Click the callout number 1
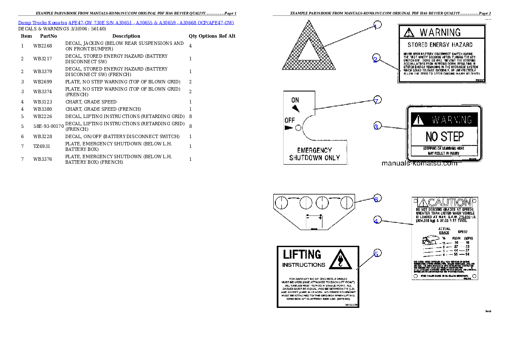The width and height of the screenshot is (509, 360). point(375,27)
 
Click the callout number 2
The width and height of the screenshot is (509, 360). point(375,60)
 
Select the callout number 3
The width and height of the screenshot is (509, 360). point(376,127)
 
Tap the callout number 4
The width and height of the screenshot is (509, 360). point(376,221)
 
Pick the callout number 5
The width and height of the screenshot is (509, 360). point(376,254)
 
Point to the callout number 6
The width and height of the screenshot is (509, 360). point(376,199)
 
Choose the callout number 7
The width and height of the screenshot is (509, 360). point(376,101)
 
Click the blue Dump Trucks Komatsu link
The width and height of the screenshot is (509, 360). point(126,22)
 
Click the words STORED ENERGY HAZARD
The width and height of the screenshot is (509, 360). point(440,44)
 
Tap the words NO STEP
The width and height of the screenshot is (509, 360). point(444,137)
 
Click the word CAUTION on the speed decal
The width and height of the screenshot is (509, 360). point(447,202)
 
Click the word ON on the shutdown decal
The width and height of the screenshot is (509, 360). point(295,100)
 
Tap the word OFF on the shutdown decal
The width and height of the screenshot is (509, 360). point(290,120)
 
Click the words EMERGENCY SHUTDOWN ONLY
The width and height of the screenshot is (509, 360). point(315,154)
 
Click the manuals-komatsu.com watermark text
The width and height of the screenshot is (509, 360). point(419,163)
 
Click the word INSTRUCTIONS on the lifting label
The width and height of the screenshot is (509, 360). point(304,265)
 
